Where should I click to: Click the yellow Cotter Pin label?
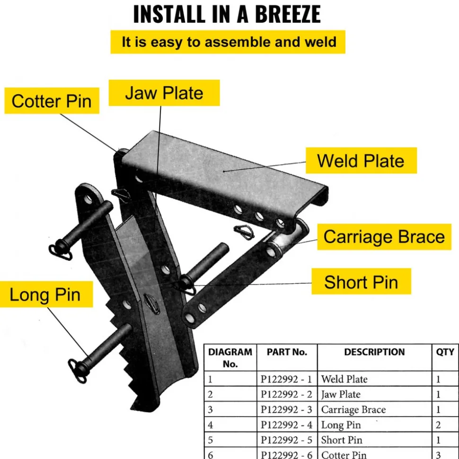click(x=52, y=100)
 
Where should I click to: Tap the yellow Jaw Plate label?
click(x=164, y=93)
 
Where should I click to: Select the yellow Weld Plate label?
click(x=361, y=160)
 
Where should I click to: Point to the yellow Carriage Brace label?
click(x=384, y=236)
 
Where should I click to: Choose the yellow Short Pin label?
click(x=361, y=282)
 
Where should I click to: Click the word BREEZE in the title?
click(x=288, y=14)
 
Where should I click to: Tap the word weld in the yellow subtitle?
click(x=320, y=42)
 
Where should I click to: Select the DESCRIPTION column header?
click(x=374, y=352)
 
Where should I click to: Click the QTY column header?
click(x=445, y=352)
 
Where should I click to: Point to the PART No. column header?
click(x=287, y=352)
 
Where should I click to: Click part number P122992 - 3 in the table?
click(x=286, y=409)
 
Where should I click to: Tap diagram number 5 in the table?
click(x=210, y=440)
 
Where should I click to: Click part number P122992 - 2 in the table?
click(x=286, y=394)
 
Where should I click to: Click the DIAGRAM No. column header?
click(x=230, y=358)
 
